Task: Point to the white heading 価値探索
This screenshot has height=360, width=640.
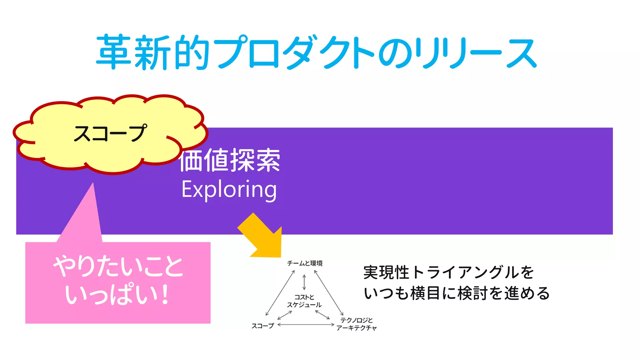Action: (x=230, y=160)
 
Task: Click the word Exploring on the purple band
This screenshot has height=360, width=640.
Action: (x=229, y=189)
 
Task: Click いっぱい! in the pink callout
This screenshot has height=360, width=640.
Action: (x=117, y=294)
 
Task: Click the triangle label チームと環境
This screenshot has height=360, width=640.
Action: (x=305, y=263)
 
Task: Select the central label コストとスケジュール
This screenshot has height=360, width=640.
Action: (x=304, y=301)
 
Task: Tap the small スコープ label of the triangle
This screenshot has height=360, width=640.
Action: (x=262, y=326)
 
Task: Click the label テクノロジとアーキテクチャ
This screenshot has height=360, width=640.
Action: (x=356, y=324)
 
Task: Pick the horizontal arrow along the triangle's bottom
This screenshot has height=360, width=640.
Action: (x=306, y=325)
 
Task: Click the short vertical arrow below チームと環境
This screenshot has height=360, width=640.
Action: (x=304, y=282)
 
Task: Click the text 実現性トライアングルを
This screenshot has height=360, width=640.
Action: (x=448, y=272)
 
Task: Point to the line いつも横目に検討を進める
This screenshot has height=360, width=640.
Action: (x=457, y=293)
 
